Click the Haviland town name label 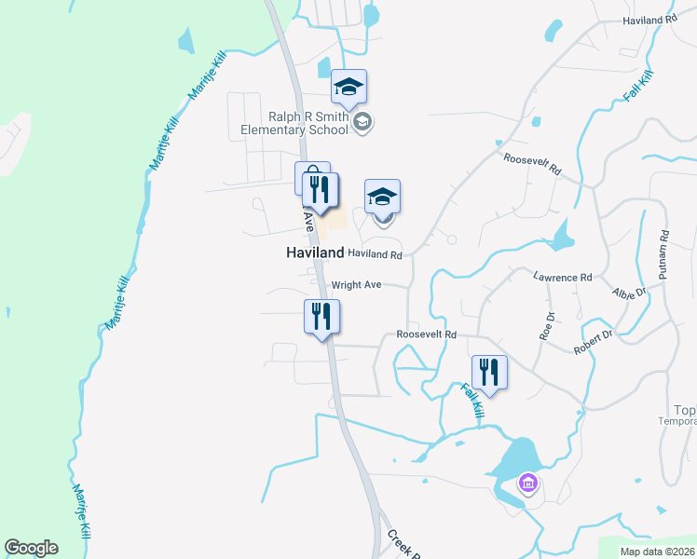[313, 253]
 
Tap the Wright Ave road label [357, 285]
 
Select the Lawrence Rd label [563, 278]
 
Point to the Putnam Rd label [664, 255]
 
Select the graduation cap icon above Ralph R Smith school [349, 88]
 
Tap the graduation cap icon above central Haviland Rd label [382, 198]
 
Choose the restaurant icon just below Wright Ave [321, 316]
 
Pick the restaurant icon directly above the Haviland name [321, 190]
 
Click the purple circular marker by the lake [528, 484]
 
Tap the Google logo [31, 548]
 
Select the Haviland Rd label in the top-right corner [650, 20]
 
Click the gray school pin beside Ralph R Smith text [362, 121]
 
